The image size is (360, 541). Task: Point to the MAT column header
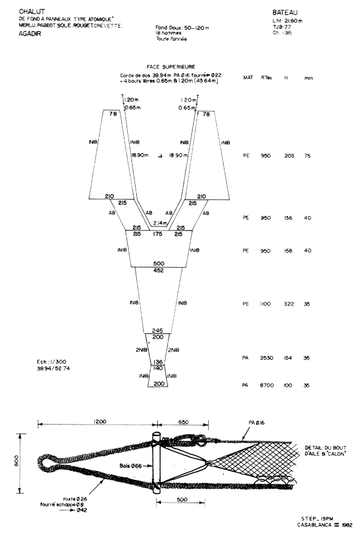pyautogui.click(x=247, y=77)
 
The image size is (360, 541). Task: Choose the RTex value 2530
pyautogui.click(x=267, y=358)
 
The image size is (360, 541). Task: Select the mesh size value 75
pyautogui.click(x=308, y=156)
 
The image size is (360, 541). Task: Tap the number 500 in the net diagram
pyautogui.click(x=158, y=264)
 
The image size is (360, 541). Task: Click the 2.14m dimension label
pyautogui.click(x=158, y=223)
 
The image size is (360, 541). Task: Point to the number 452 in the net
pyautogui.click(x=158, y=270)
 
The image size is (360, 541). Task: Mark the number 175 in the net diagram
pyautogui.click(x=158, y=234)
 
